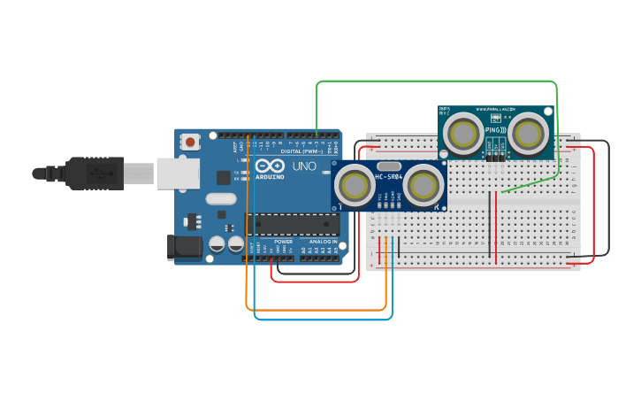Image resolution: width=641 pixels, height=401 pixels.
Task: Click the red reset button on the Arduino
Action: [190, 141]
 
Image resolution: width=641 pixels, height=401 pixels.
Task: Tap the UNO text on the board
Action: [304, 166]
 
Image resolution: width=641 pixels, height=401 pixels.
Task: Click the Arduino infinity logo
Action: [270, 166]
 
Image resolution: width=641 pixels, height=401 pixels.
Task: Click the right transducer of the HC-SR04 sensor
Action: [424, 185]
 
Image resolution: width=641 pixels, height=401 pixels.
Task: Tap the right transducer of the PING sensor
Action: [528, 134]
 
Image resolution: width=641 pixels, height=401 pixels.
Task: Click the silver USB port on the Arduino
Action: [178, 174]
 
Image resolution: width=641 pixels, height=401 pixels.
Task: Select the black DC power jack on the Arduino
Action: [184, 247]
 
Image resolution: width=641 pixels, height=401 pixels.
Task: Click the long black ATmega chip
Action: [291, 225]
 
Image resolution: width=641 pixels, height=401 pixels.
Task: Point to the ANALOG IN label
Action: [323, 241]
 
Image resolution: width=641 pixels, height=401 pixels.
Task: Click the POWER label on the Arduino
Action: [283, 241]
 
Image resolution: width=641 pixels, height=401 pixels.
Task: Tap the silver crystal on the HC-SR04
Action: [389, 166]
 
